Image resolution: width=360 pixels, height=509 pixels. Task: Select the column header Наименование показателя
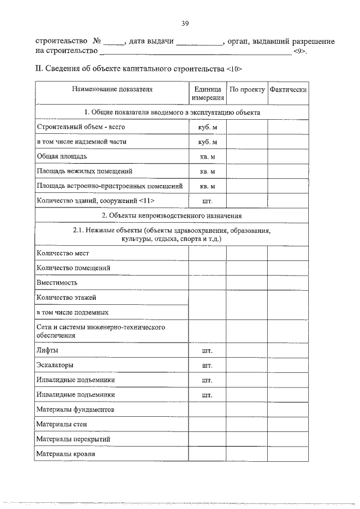[111, 89]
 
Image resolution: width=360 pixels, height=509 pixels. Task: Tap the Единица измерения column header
[207, 93]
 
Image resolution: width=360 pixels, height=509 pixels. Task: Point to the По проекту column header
[246, 89]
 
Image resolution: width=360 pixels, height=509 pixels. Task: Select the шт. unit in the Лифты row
[207, 352]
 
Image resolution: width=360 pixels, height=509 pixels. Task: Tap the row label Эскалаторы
[55, 365]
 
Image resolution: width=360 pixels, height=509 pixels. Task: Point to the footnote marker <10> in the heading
[233, 69]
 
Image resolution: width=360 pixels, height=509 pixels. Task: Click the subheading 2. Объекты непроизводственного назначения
[172, 215]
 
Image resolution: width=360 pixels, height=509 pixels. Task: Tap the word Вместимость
[57, 282]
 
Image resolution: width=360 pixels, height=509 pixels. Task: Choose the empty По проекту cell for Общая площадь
[246, 156]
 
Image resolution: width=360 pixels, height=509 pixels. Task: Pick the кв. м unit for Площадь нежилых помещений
[207, 171]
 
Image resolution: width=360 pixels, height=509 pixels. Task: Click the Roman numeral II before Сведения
[39, 69]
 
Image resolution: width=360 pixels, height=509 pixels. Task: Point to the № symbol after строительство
[96, 42]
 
